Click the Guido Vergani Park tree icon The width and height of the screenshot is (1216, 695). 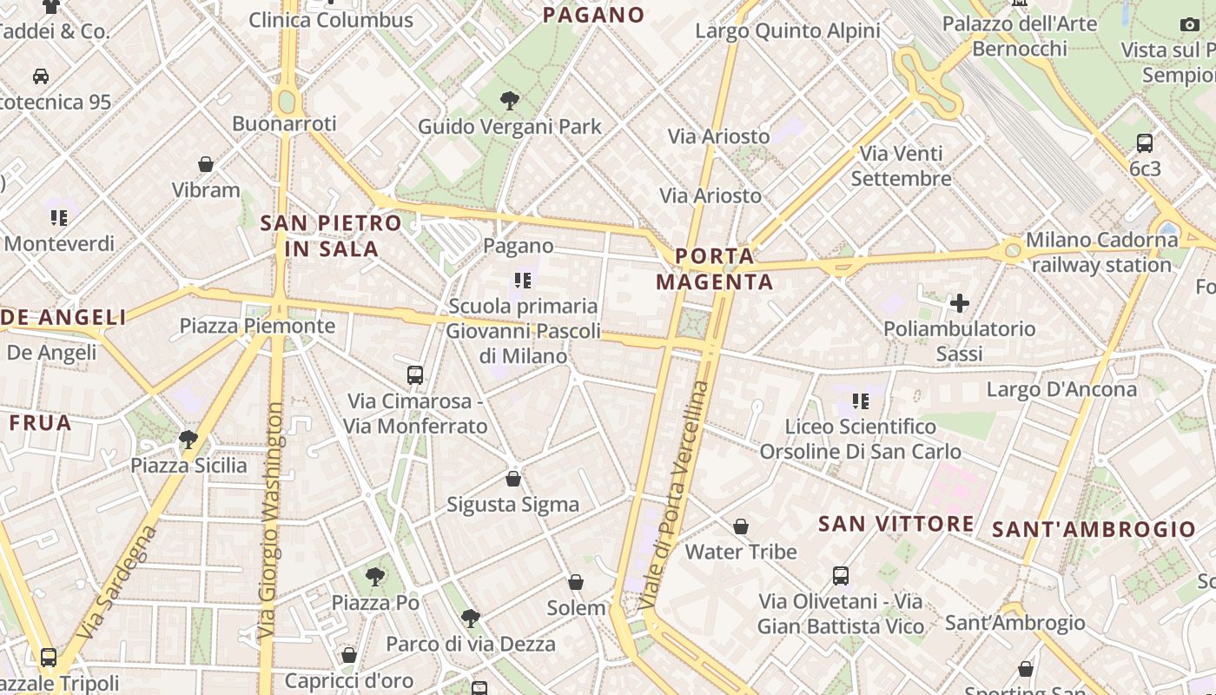point(510,101)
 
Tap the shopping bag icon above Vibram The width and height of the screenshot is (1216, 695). point(206,164)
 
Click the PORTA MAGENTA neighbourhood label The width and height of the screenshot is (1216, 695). point(714,268)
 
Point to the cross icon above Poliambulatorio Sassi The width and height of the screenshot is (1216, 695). point(960,303)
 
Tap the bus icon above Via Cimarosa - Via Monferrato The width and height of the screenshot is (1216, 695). point(415,375)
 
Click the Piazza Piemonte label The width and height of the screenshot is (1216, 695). point(257,326)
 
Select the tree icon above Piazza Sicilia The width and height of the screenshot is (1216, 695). point(188,440)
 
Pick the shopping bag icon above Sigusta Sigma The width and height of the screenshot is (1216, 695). point(513,479)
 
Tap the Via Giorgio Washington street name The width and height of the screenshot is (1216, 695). point(271,521)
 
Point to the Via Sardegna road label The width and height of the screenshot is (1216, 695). point(118,580)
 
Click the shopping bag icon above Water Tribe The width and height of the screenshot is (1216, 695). point(741,526)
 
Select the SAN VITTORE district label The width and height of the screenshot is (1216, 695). point(896,523)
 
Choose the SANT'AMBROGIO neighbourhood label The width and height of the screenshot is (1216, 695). point(1094,529)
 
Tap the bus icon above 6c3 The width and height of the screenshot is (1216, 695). point(1145,143)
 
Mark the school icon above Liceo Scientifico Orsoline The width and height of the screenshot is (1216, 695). point(861,400)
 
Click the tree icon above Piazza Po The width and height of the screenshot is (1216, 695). point(375,576)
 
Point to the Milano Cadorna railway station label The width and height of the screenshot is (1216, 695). point(1101,252)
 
